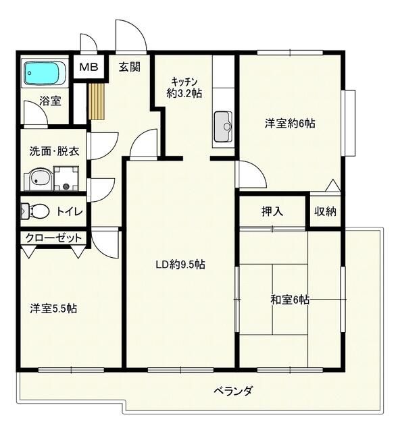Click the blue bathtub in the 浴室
(45, 74)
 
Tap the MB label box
(89, 67)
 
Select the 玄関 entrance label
(130, 67)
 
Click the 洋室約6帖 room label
(290, 124)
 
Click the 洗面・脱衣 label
(54, 151)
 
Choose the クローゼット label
(54, 238)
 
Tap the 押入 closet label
(272, 211)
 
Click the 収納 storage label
(325, 211)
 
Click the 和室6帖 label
(290, 300)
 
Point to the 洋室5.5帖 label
(53, 308)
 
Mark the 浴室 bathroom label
(50, 102)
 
